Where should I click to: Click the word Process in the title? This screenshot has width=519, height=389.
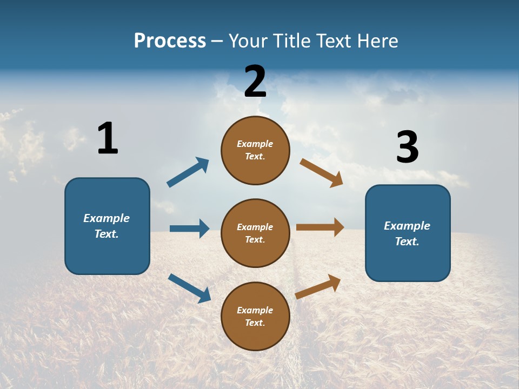click(x=170, y=41)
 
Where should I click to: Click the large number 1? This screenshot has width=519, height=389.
click(x=108, y=138)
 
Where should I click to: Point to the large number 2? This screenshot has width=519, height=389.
click(x=255, y=82)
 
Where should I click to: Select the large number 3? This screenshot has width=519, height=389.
click(x=407, y=147)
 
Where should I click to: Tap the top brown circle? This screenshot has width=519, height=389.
click(x=255, y=150)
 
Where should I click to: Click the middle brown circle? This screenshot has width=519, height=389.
click(x=255, y=233)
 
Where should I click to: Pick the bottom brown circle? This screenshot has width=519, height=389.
click(x=255, y=316)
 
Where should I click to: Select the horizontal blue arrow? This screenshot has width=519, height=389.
click(x=189, y=229)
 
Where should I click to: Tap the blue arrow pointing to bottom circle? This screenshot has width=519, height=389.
click(x=190, y=287)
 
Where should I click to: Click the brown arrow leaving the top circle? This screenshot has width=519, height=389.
click(x=322, y=172)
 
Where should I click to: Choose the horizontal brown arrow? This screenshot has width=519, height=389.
click(x=320, y=227)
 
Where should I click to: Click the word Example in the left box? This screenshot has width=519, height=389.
click(x=107, y=218)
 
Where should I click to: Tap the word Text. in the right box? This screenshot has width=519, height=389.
click(x=407, y=242)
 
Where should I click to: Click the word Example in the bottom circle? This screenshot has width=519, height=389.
click(x=255, y=310)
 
